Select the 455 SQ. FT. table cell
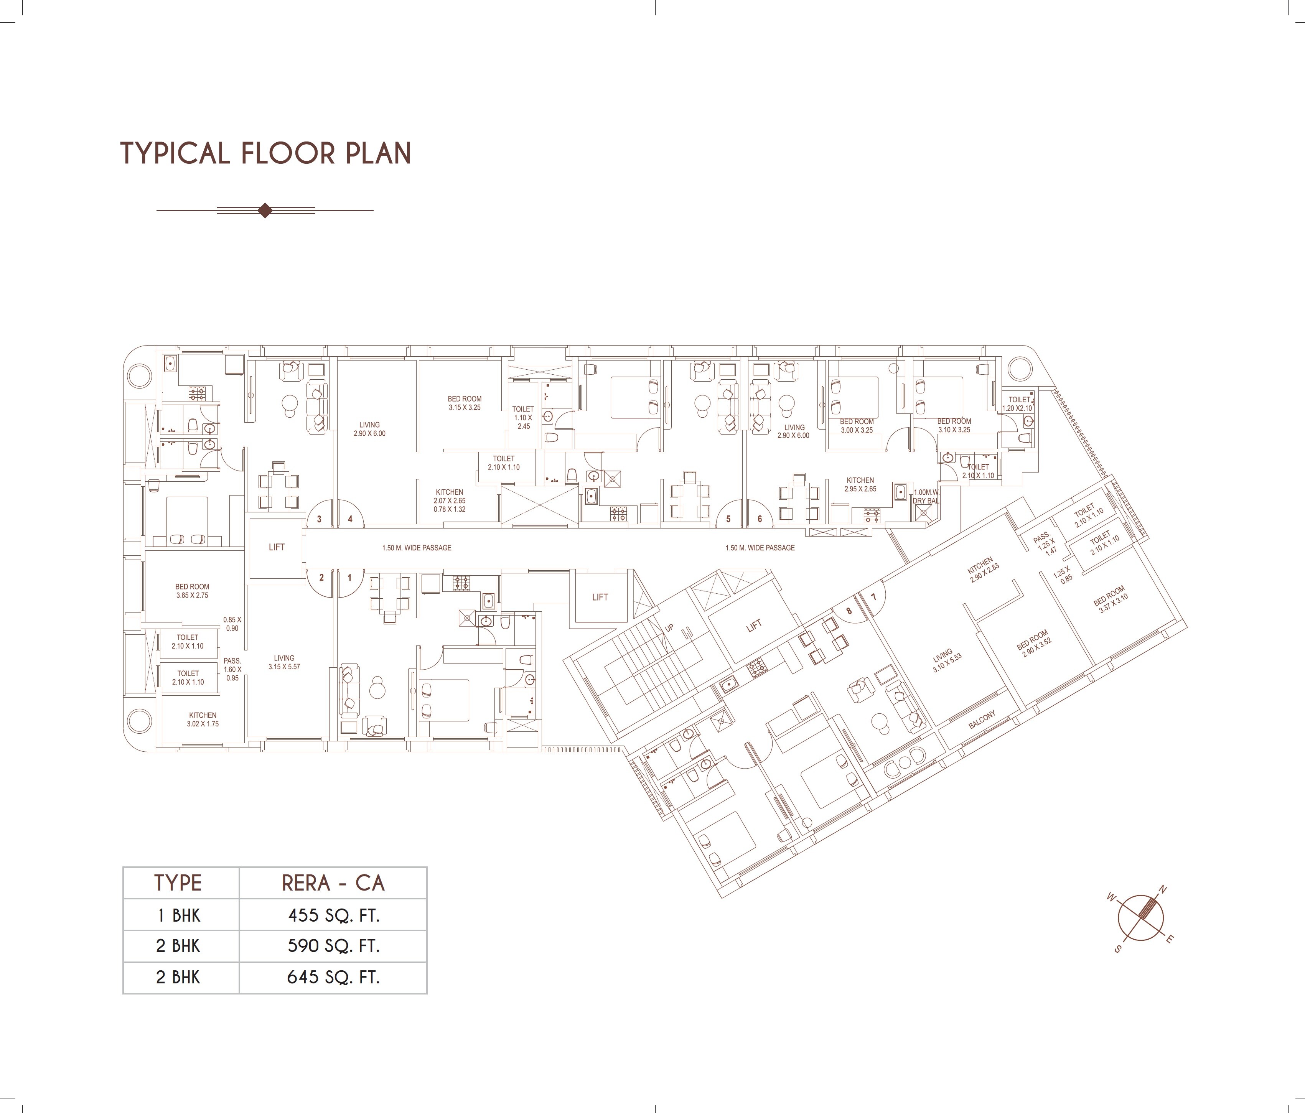[333, 915]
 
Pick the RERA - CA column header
[333, 883]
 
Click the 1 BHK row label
[179, 915]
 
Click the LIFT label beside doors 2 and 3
[277, 547]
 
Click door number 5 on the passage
[729, 519]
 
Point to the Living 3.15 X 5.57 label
[283, 662]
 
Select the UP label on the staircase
[669, 628]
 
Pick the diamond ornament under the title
[265, 211]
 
